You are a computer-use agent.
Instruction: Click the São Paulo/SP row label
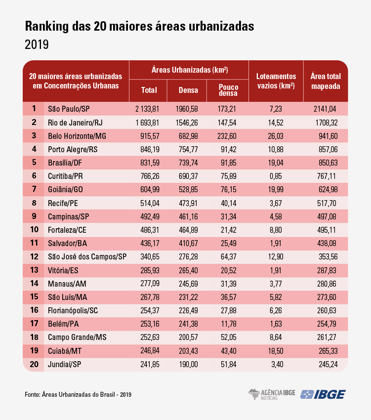tap(69, 109)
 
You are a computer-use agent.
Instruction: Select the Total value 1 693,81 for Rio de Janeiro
tap(147, 123)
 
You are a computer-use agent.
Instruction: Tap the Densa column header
tap(188, 90)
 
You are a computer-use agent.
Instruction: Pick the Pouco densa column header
tap(228, 90)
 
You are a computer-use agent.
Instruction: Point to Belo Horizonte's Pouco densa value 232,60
tap(227, 136)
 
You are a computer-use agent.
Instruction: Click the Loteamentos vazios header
tap(276, 81)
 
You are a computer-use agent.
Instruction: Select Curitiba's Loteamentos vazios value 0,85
tap(276, 176)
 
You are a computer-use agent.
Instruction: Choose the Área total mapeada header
tap(326, 81)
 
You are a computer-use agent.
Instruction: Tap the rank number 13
tap(34, 270)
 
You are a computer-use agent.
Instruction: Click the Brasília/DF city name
tap(65, 163)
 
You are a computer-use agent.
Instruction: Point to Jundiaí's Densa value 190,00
tap(188, 364)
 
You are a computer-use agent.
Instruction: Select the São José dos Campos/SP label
tap(87, 257)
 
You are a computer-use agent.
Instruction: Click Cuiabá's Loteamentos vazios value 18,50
tap(276, 351)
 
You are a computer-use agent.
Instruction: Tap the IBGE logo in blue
tap(323, 395)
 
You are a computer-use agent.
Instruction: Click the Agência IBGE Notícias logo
tap(271, 395)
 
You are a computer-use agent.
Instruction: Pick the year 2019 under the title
tap(37, 45)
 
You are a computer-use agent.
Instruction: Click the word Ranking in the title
tap(47, 26)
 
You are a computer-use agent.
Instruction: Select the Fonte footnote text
tap(78, 395)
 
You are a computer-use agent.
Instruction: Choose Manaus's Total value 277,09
tap(150, 284)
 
